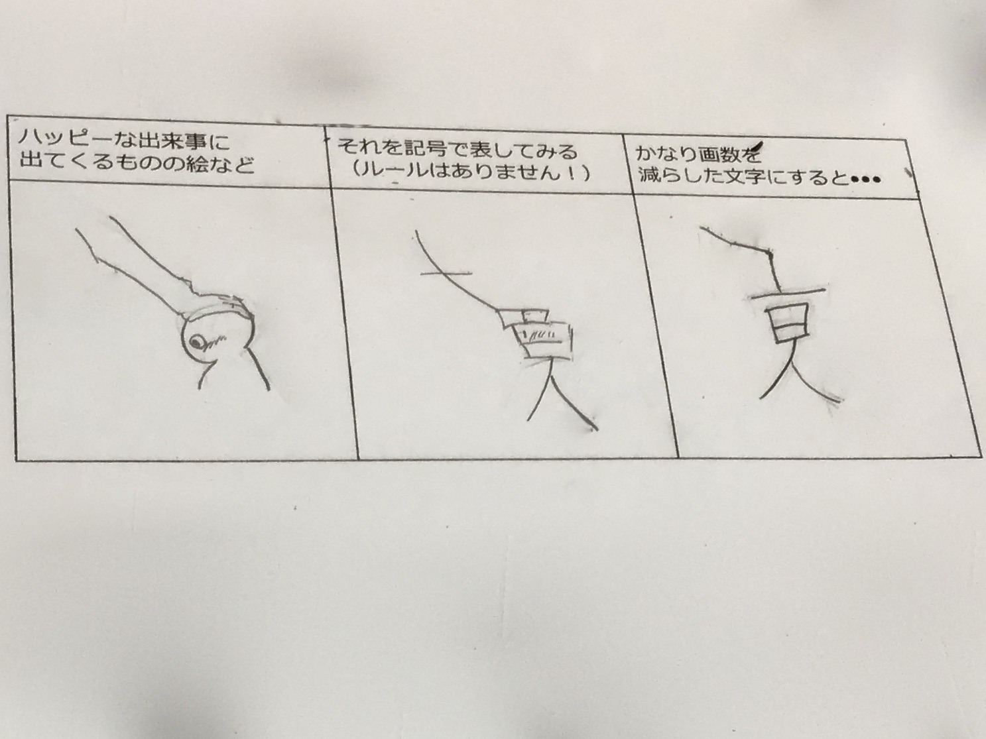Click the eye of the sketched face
coord(198,343)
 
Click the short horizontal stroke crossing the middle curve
coord(446,272)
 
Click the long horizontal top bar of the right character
coord(788,294)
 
